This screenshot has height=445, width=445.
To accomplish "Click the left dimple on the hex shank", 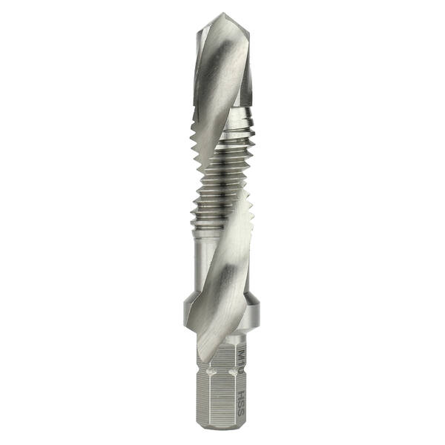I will (x=198, y=361).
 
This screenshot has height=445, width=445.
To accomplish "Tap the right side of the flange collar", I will (x=256, y=311).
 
